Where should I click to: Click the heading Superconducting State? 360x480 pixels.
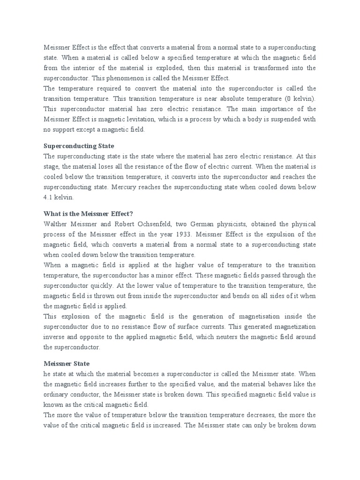[x=79, y=146]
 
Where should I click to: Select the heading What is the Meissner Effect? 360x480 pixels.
[x=88, y=213]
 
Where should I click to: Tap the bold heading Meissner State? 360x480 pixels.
[x=66, y=363]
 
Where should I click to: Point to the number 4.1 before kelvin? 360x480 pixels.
[x=49, y=197]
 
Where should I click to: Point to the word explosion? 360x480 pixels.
[x=75, y=316]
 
